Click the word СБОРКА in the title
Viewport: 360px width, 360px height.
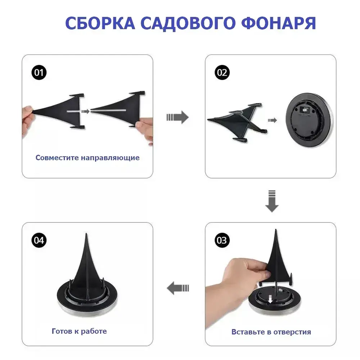tap(100, 23)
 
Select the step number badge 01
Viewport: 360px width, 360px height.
tap(39, 73)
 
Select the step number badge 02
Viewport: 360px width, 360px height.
tap(222, 73)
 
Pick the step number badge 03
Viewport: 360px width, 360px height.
tap(222, 240)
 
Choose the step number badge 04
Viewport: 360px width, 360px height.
tap(39, 240)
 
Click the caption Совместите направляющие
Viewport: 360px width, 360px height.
tap(87, 158)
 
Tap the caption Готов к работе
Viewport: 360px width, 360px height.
tap(79, 331)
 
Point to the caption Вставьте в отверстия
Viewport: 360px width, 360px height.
tap(271, 332)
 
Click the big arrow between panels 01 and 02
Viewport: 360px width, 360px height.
tap(177, 117)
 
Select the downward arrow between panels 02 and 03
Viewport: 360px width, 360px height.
tap(272, 201)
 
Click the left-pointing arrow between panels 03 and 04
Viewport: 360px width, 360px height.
tap(178, 288)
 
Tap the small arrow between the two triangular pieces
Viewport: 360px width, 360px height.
tap(85, 112)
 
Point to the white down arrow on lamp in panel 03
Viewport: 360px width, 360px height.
tap(271, 298)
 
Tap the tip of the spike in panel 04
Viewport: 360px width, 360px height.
tap(86, 235)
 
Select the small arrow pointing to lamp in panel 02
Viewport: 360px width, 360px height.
tap(273, 120)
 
